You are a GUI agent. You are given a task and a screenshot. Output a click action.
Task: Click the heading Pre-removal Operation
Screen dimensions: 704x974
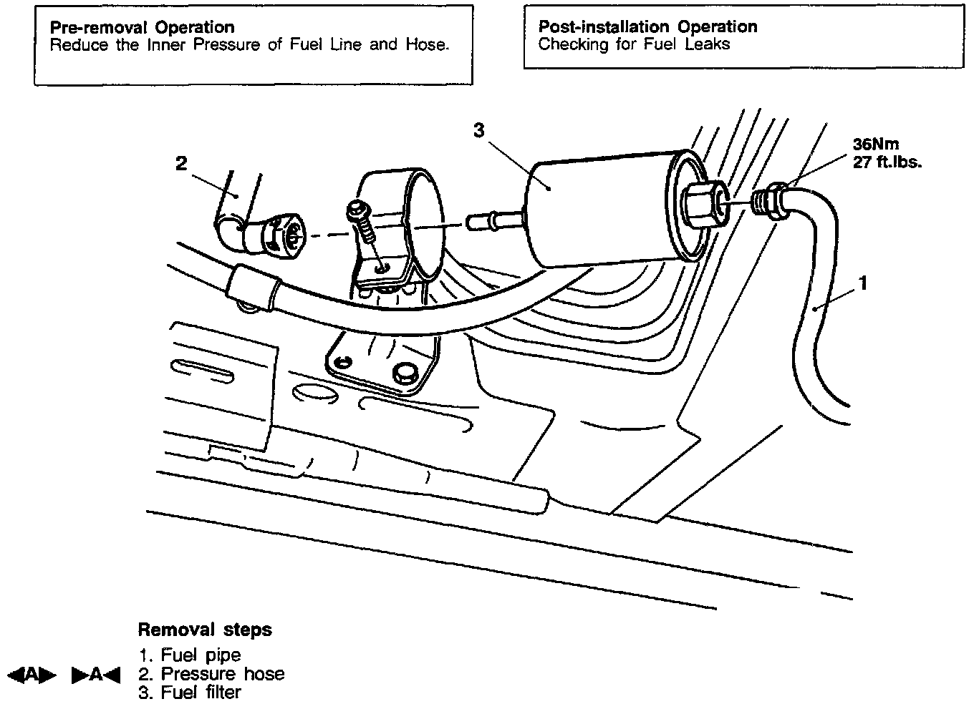(x=142, y=28)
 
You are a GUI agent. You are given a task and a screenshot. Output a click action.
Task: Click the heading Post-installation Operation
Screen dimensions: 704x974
(x=647, y=27)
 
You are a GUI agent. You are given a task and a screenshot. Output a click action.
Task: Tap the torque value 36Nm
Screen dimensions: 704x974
(x=875, y=144)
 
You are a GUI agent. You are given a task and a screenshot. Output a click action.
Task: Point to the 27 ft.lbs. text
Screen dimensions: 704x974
(x=887, y=162)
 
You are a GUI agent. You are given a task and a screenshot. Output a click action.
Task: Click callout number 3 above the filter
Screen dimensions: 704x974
(x=479, y=130)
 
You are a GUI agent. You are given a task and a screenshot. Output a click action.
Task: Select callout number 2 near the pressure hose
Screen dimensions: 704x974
(x=181, y=164)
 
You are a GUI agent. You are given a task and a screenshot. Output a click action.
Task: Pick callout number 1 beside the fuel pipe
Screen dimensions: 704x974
(x=863, y=284)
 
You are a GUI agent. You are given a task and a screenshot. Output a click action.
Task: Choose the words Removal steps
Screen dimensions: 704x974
(x=204, y=630)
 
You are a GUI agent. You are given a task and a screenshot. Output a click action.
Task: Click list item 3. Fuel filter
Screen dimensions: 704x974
(x=189, y=693)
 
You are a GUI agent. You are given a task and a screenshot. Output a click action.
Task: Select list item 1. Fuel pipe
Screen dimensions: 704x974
(x=189, y=655)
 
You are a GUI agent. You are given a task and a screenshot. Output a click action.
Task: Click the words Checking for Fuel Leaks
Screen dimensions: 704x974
(x=634, y=44)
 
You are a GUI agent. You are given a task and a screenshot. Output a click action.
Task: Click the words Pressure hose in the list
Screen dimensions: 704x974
(x=222, y=674)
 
